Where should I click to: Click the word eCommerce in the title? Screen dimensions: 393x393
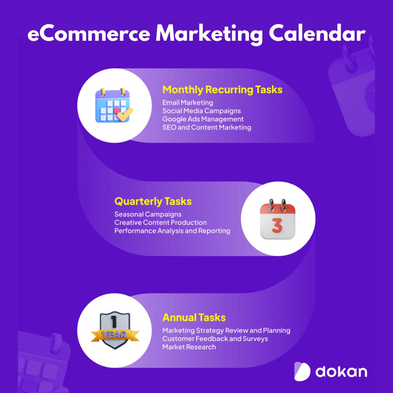(x=89, y=34)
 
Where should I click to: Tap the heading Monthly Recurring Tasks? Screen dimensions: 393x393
(x=222, y=90)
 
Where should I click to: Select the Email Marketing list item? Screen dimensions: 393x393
(x=188, y=103)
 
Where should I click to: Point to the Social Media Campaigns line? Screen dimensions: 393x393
(x=202, y=111)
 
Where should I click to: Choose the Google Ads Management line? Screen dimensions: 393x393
(x=203, y=119)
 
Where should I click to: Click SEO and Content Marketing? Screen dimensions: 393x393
(x=207, y=127)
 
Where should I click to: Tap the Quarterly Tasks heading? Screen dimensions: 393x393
(x=153, y=202)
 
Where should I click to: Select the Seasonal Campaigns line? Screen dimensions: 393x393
(x=148, y=214)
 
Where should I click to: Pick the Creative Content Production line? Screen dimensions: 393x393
(x=160, y=223)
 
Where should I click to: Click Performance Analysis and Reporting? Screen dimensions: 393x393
(x=172, y=231)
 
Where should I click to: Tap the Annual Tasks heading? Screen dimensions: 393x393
(x=194, y=318)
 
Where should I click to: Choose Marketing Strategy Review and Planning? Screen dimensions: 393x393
(x=226, y=330)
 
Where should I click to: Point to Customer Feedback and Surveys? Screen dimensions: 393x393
(x=215, y=339)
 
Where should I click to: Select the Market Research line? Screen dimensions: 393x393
(x=189, y=347)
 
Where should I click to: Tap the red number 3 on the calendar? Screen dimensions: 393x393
(x=277, y=226)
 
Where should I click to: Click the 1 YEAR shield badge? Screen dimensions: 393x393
(x=115, y=330)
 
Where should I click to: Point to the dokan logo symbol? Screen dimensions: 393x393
(x=302, y=372)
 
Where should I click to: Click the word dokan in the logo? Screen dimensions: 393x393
(x=341, y=372)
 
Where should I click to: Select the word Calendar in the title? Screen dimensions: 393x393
(x=317, y=33)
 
